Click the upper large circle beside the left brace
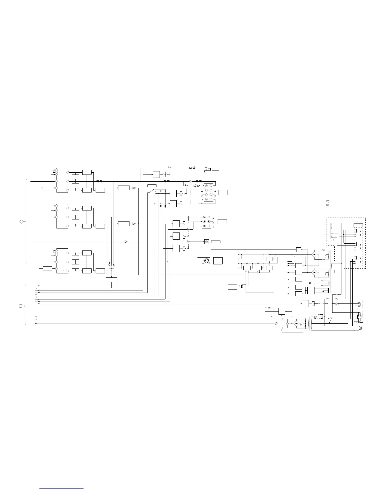(x=21, y=222)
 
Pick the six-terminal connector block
(x=206, y=222)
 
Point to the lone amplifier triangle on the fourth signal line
(x=126, y=242)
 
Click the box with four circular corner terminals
(x=282, y=324)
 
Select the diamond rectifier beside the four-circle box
(x=296, y=324)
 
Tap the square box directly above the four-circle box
(x=282, y=311)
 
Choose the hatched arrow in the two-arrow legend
(x=328, y=205)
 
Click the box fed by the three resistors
(x=111, y=280)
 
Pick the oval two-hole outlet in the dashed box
(x=359, y=303)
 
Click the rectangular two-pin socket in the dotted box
(x=359, y=317)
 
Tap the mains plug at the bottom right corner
(x=361, y=328)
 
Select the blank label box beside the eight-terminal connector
(x=223, y=192)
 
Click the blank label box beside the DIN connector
(x=218, y=260)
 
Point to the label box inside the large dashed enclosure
(x=358, y=225)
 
